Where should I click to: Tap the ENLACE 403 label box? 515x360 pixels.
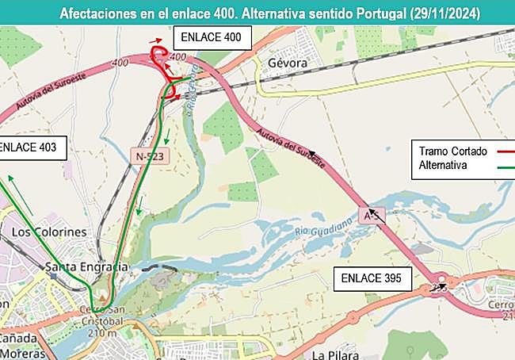[x=27, y=147]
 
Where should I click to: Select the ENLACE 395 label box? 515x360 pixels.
[x=376, y=278]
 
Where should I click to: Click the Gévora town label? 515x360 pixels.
[x=287, y=63]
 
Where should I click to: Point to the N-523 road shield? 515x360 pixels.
[x=150, y=157]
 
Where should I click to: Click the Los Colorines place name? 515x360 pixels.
[x=49, y=232]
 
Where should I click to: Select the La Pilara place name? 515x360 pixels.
[x=335, y=354]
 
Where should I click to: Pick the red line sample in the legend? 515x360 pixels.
[x=495, y=151]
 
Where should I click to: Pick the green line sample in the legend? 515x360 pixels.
[x=495, y=166]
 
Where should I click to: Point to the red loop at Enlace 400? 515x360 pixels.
[x=159, y=56]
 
